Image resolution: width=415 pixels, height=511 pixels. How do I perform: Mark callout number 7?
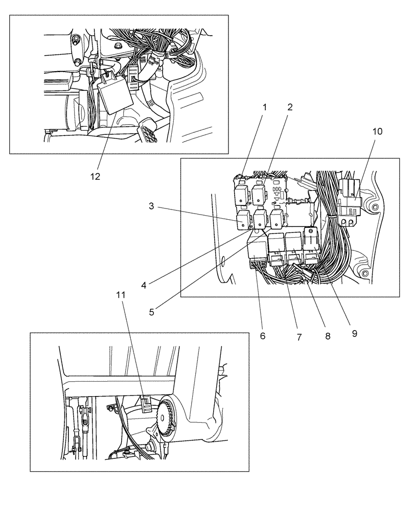pyautogui.click(x=299, y=337)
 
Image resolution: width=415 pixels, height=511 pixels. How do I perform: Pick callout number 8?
pyautogui.click(x=328, y=336)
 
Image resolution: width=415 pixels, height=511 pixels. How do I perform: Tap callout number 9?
pyautogui.click(x=354, y=333)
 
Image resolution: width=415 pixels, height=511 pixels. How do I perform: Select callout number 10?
pyautogui.click(x=377, y=131)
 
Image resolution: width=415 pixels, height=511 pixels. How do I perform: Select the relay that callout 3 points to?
pyautogui.click(x=243, y=221)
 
